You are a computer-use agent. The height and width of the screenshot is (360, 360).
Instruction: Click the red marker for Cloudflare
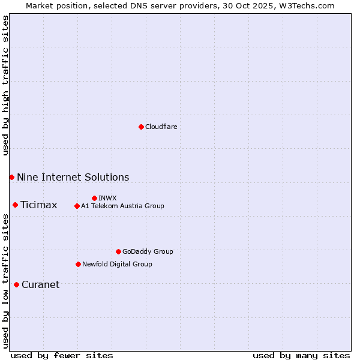141,127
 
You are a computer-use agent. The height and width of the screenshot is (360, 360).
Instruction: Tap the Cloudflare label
161,127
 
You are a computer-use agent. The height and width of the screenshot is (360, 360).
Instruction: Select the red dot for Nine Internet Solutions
11,177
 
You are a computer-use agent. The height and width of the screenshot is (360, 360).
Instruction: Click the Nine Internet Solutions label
73,177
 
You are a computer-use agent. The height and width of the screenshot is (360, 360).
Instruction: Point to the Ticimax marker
15,205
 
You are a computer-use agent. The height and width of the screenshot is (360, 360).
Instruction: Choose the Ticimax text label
38,205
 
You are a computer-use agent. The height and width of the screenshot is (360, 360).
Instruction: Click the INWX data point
94,198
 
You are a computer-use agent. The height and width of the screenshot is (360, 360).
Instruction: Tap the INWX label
107,198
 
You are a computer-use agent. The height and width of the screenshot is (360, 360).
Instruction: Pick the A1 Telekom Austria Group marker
77,206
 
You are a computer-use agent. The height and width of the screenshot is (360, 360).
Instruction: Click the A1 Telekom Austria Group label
122,206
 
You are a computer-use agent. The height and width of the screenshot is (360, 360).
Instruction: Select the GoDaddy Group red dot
118,251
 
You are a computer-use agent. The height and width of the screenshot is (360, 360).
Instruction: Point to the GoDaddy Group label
148,251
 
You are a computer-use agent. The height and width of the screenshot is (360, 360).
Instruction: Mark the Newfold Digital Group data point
78,264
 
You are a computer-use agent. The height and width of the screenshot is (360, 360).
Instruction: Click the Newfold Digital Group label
117,264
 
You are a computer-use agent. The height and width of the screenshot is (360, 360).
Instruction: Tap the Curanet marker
16,284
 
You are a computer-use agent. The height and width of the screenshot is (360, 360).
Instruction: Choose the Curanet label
40,285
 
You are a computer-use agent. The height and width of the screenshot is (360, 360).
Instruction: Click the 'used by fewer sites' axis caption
62,355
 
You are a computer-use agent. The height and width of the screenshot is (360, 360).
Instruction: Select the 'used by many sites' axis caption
301,355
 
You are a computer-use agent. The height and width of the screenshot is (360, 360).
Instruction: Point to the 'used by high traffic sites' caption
5,85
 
